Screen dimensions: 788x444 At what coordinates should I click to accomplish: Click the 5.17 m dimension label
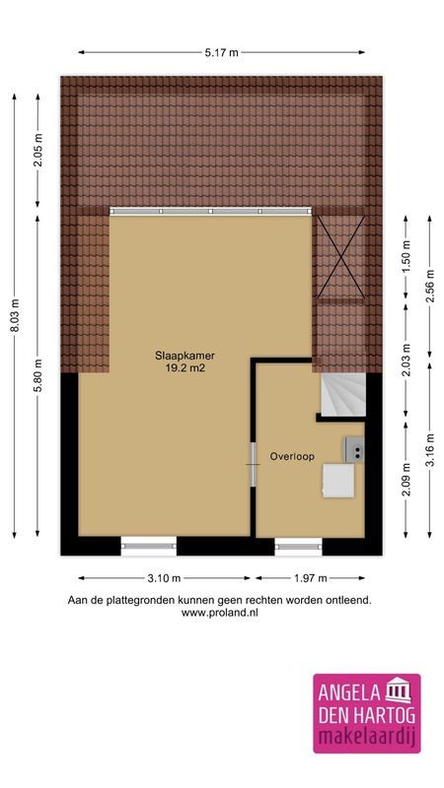point(221,52)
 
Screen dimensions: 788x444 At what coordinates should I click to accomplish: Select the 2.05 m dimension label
point(38,152)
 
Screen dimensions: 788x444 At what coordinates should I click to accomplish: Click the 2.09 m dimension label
point(406,483)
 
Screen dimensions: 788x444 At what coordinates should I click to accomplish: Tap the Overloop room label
point(292,457)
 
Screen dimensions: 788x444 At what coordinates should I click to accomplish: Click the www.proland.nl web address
point(220,613)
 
